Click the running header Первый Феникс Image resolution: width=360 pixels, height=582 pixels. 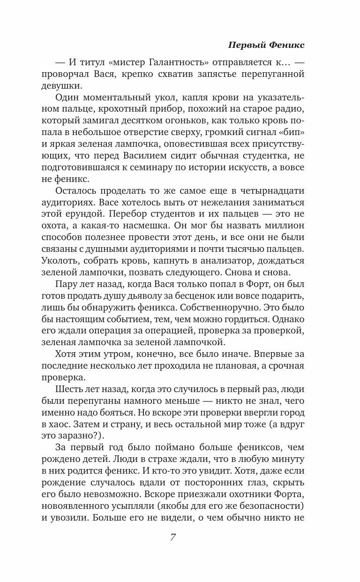266,45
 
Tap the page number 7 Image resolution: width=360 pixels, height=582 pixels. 173,537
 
